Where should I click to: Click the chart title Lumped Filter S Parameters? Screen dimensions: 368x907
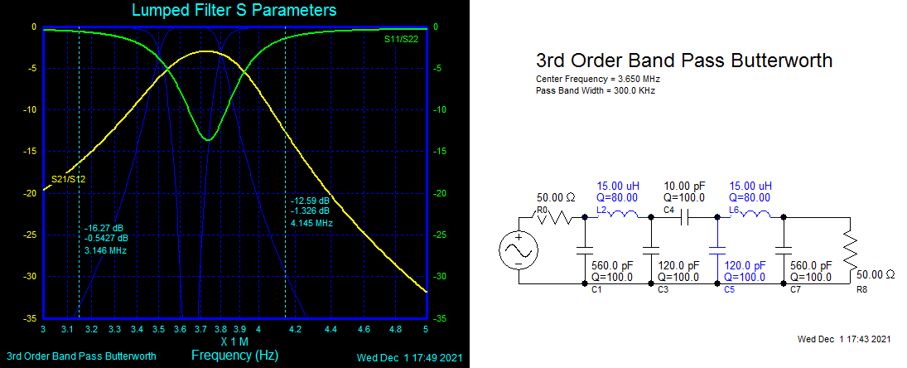[234, 11]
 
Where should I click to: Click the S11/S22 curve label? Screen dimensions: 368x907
[402, 39]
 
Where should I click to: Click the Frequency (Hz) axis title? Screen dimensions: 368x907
[234, 355]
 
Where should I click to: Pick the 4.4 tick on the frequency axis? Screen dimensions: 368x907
[331, 329]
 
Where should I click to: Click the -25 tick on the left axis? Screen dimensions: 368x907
[31, 235]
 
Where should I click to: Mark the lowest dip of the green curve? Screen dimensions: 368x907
[207, 139]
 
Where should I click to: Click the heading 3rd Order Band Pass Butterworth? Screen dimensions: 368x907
[684, 61]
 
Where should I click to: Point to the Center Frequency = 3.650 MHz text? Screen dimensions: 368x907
[599, 79]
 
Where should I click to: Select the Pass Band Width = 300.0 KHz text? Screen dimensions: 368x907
[596, 90]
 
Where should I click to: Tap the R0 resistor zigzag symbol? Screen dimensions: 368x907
[555, 218]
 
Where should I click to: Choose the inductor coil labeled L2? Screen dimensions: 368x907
[620, 217]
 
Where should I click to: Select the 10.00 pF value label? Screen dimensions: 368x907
[685, 186]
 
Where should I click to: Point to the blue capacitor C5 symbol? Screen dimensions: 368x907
[717, 249]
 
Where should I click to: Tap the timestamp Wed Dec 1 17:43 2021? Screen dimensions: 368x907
[844, 339]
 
